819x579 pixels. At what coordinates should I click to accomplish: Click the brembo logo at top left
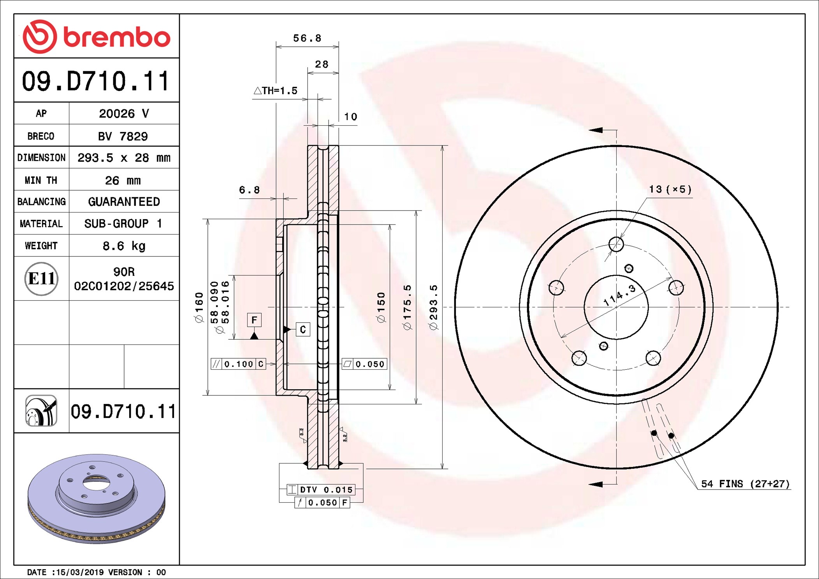[96, 37]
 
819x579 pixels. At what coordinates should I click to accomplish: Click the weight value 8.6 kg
[124, 246]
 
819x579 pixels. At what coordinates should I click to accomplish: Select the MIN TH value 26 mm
[123, 180]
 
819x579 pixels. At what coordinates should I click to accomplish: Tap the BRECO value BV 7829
[123, 136]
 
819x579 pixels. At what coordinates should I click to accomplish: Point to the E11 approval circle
[41, 279]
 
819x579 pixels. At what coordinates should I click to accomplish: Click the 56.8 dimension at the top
[307, 38]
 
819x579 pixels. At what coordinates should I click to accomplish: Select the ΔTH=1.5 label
[276, 91]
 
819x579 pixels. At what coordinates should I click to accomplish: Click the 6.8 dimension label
[249, 190]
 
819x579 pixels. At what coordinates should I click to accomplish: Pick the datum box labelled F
[254, 320]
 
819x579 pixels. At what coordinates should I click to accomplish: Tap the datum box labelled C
[303, 330]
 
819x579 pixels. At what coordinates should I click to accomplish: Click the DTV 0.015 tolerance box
[321, 490]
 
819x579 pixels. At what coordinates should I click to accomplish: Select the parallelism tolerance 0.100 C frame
[238, 364]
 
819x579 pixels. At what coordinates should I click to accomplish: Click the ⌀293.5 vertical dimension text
[433, 307]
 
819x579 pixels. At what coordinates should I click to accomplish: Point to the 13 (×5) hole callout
[670, 189]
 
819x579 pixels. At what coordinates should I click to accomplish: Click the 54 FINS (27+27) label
[745, 484]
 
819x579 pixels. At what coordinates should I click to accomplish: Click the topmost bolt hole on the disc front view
[616, 244]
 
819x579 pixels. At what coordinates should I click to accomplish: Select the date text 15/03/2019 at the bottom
[80, 572]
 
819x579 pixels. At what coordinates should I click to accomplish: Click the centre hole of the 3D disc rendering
[96, 484]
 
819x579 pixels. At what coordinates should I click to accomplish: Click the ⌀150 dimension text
[381, 307]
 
